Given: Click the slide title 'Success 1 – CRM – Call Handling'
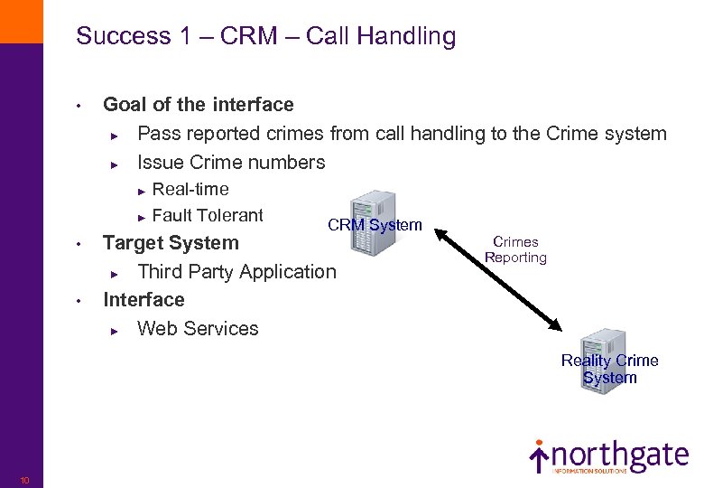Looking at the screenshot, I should pos(265,36).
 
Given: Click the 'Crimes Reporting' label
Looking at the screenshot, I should pos(515,249).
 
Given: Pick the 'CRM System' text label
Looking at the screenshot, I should pos(375,225).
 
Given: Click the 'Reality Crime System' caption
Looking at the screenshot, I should pos(610,369).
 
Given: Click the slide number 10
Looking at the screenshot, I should pos(24,480).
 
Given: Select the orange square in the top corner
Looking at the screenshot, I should pos(21,21).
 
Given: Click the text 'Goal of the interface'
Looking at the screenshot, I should pos(199,105).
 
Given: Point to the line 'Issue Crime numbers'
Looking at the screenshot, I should pos(231,163).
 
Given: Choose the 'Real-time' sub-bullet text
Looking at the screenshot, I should pos(190,189).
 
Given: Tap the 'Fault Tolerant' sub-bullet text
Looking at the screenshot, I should pos(208,215).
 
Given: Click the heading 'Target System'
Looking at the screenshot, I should pos(171,242).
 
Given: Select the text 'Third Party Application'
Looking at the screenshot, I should pos(236,271).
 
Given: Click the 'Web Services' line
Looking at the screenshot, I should pos(198,329).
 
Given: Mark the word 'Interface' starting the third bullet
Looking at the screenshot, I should pos(144,300).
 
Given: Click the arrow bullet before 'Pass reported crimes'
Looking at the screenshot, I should pos(115,136).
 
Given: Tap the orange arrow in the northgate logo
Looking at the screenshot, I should pos(539,457).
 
